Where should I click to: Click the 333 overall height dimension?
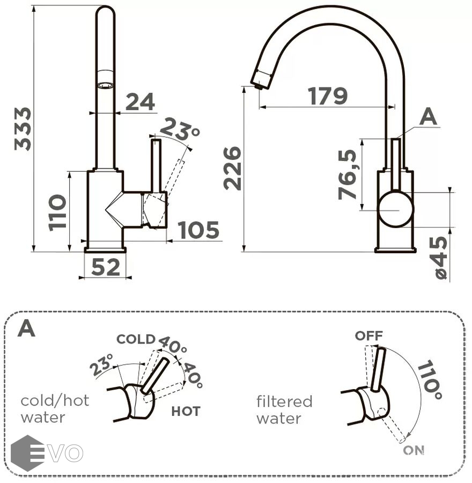point(23,129)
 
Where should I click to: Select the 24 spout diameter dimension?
point(140,102)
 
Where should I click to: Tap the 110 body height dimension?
point(58,213)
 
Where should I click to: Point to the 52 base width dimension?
point(106,267)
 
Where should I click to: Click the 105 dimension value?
point(198,230)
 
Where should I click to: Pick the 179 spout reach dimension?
point(328,96)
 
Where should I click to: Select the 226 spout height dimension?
point(233,168)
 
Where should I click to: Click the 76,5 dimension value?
point(348,175)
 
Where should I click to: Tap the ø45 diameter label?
point(439,258)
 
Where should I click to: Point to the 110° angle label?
point(430,380)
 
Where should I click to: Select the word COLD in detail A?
point(136,339)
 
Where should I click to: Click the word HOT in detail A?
point(186,412)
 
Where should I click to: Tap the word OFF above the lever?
point(368,336)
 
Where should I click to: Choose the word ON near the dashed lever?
point(414,450)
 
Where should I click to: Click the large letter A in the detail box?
point(26,328)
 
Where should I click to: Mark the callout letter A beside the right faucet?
point(428,116)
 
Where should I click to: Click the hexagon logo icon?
point(27,453)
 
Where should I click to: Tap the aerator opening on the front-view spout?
point(105,85)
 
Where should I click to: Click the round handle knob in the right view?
point(396,210)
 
